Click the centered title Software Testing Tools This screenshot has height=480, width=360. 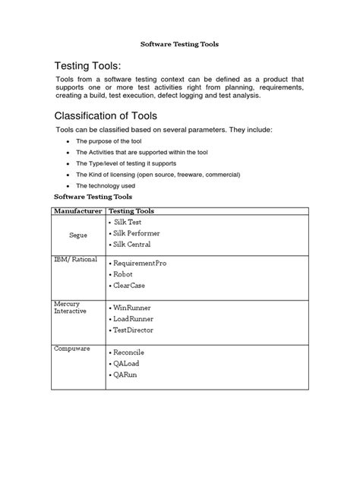click(x=180, y=44)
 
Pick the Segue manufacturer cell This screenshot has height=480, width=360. click(x=78, y=235)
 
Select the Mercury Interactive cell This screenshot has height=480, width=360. click(x=71, y=307)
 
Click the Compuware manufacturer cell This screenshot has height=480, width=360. click(x=71, y=349)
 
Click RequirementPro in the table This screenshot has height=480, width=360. click(x=141, y=262)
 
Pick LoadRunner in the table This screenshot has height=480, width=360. click(x=134, y=319)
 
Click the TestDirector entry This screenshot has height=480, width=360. click(x=134, y=330)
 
